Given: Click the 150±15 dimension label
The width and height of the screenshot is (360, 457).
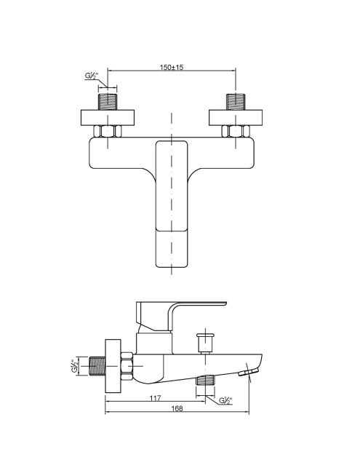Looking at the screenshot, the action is click(x=172, y=68).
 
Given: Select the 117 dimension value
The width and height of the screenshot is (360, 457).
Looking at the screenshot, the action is click(x=155, y=398).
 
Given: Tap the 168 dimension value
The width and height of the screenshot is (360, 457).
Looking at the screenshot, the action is click(x=177, y=408).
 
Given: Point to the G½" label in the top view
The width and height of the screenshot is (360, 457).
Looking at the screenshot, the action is click(x=92, y=76).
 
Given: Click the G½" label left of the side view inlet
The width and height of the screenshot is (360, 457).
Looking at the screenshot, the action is click(x=75, y=366).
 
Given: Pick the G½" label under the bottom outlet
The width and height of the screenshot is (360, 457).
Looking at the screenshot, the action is click(x=226, y=401).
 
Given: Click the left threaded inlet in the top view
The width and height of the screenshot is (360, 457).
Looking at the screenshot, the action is click(x=108, y=102).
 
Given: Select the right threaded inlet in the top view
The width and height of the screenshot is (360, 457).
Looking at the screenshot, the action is click(x=236, y=102).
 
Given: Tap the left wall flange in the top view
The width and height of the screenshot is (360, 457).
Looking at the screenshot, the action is click(x=108, y=118).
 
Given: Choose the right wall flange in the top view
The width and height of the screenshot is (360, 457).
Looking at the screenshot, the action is click(x=236, y=118).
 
